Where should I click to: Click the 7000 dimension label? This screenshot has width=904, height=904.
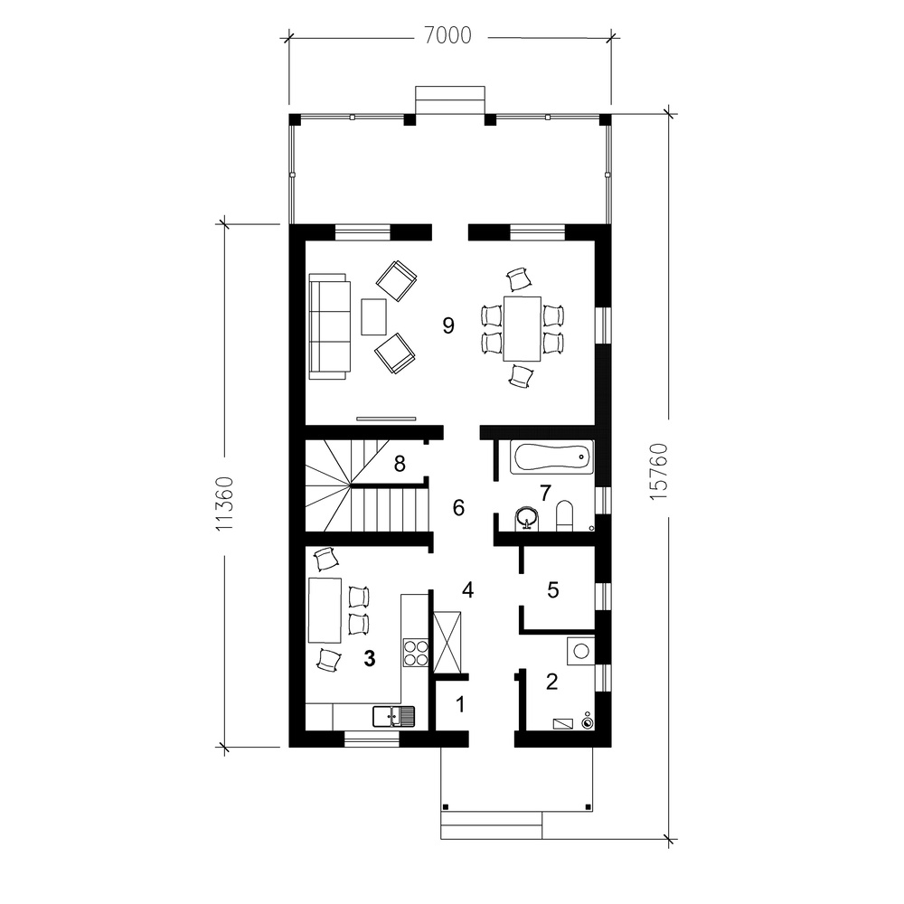(x=448, y=36)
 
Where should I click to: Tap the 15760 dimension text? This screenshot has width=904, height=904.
(x=658, y=472)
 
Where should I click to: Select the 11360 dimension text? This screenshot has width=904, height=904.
(x=224, y=504)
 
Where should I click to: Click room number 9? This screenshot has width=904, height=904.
(x=448, y=325)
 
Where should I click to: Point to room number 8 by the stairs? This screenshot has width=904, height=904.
(x=400, y=463)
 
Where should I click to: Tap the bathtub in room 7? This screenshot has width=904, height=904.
(x=551, y=457)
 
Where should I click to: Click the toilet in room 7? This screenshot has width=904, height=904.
(x=563, y=515)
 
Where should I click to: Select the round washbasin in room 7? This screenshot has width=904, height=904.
(x=526, y=517)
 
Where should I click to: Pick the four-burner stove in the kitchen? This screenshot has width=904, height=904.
(x=415, y=653)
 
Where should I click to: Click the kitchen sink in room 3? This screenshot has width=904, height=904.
(x=394, y=717)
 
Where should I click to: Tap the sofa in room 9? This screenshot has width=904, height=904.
(x=330, y=326)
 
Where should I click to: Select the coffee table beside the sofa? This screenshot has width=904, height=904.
(x=374, y=316)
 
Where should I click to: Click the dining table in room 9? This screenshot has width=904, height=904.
(x=522, y=329)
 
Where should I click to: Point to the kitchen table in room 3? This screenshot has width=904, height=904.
(x=325, y=610)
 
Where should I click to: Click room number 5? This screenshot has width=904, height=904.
(x=552, y=589)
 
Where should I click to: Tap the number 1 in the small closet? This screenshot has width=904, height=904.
(x=459, y=704)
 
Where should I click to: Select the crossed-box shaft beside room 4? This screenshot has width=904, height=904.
(x=447, y=642)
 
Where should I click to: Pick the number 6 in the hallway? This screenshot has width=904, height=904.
(x=458, y=507)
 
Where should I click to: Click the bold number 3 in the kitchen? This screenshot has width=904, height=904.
(x=369, y=658)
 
